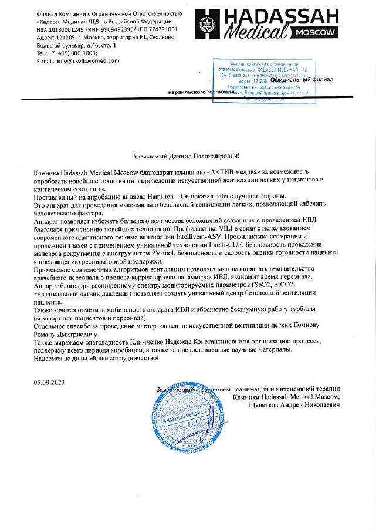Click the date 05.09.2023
point(49,382)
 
